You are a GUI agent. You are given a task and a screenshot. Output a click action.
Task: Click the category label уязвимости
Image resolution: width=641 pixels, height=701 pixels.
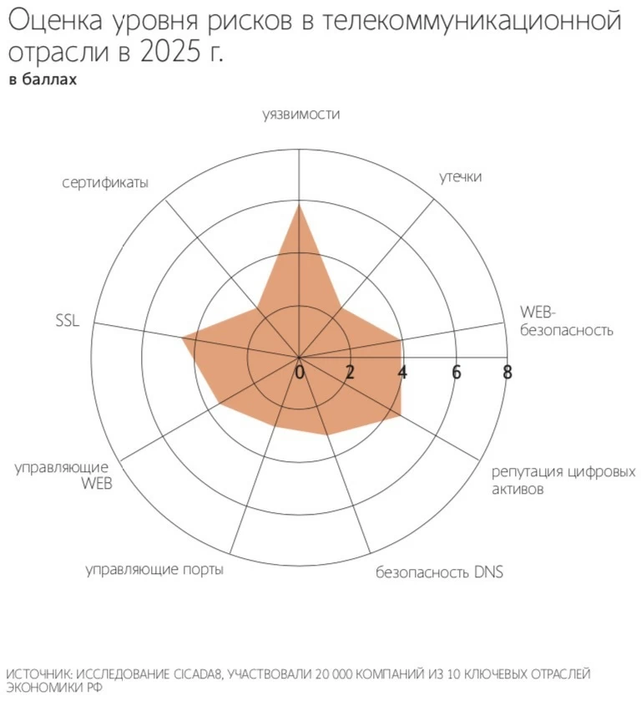pos(300,115)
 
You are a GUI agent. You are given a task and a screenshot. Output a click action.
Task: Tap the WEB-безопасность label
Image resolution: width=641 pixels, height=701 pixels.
pos(566,321)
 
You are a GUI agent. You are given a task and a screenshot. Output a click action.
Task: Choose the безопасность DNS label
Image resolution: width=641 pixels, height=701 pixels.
pos(439,572)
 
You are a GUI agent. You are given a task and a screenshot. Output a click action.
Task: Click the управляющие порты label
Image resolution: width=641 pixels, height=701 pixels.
pos(154,570)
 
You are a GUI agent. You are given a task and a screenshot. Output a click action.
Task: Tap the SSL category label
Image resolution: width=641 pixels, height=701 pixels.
pos(67,320)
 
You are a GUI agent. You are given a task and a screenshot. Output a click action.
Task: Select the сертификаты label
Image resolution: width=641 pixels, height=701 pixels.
pos(105,182)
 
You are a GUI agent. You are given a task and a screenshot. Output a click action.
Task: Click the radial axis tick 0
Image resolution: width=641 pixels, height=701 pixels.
pos(300,372)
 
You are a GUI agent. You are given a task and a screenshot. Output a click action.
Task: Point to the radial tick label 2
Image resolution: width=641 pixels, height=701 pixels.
pos(351,372)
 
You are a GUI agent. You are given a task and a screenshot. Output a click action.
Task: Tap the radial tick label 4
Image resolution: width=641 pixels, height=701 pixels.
pos(403,372)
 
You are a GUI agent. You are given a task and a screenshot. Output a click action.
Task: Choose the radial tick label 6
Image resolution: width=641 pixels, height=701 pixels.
pos(456,372)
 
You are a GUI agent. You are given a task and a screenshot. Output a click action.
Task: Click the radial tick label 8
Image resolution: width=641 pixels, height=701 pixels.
pos(507,372)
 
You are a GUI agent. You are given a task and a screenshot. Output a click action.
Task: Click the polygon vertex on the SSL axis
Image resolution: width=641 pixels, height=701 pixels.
pos(183,338)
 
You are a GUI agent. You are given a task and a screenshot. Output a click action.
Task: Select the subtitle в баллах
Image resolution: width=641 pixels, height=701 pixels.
pos(43,80)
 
